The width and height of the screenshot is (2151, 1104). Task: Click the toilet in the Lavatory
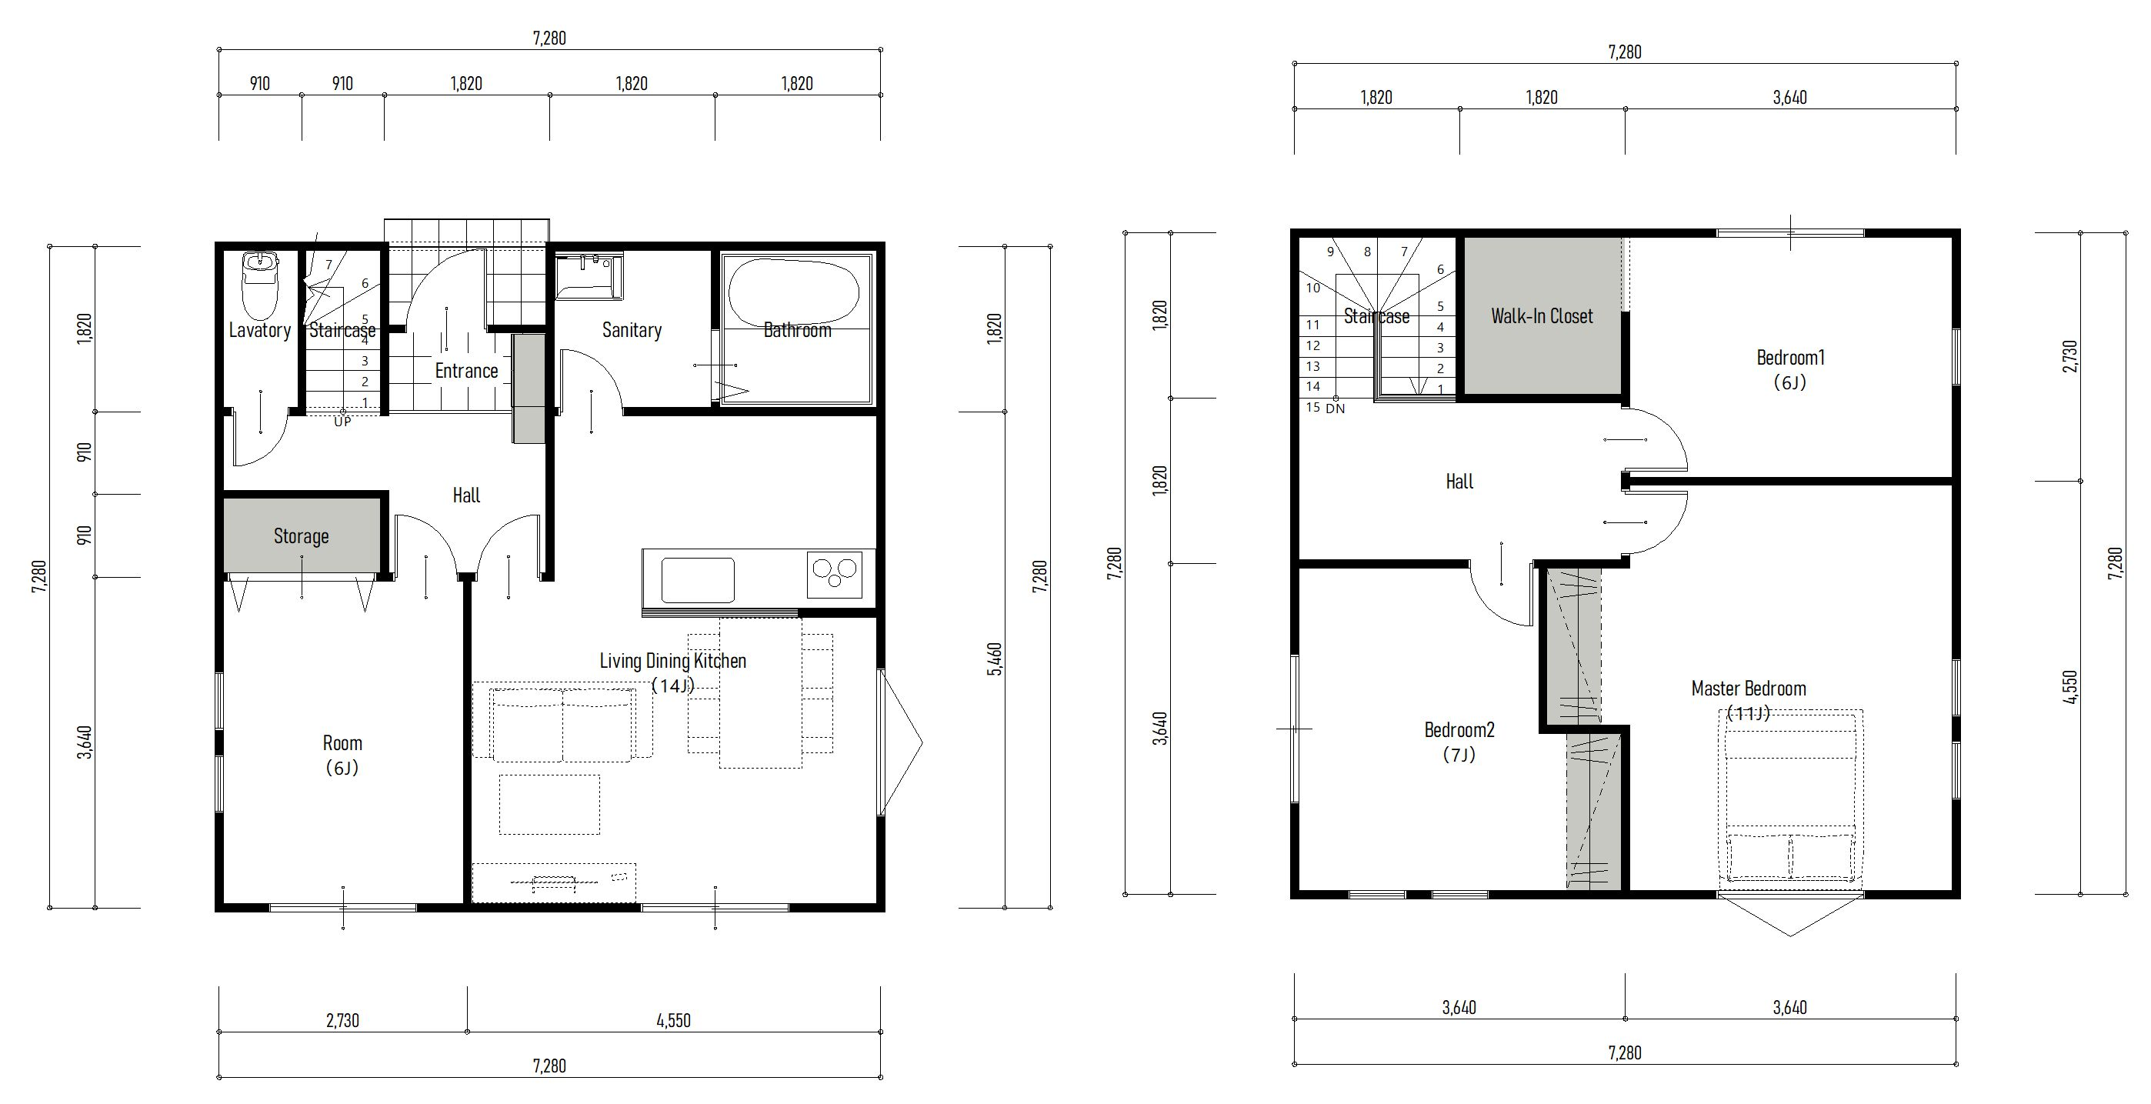pos(260,285)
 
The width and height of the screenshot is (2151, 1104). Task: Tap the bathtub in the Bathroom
pos(793,292)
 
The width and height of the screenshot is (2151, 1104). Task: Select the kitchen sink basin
pos(698,579)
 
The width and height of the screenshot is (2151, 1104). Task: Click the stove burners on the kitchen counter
pos(835,573)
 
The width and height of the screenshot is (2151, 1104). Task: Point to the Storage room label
pos(302,536)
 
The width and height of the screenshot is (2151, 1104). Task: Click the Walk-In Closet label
pos(1542,316)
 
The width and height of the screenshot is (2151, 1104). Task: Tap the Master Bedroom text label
pos(1749,689)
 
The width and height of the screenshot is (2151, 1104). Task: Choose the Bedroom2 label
pos(1459,730)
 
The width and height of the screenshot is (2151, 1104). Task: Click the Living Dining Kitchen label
pos(673,661)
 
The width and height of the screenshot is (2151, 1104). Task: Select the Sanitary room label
pos(632,331)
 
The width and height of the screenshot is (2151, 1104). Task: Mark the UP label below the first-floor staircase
pos(342,422)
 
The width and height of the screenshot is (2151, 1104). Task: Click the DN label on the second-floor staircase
pos(1336,409)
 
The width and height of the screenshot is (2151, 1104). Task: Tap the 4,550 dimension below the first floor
pos(674,1020)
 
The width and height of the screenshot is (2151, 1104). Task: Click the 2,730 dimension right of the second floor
pos(2069,356)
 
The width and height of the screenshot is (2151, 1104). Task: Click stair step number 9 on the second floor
pos(1330,252)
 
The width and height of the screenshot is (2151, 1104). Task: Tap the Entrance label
pos(466,371)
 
